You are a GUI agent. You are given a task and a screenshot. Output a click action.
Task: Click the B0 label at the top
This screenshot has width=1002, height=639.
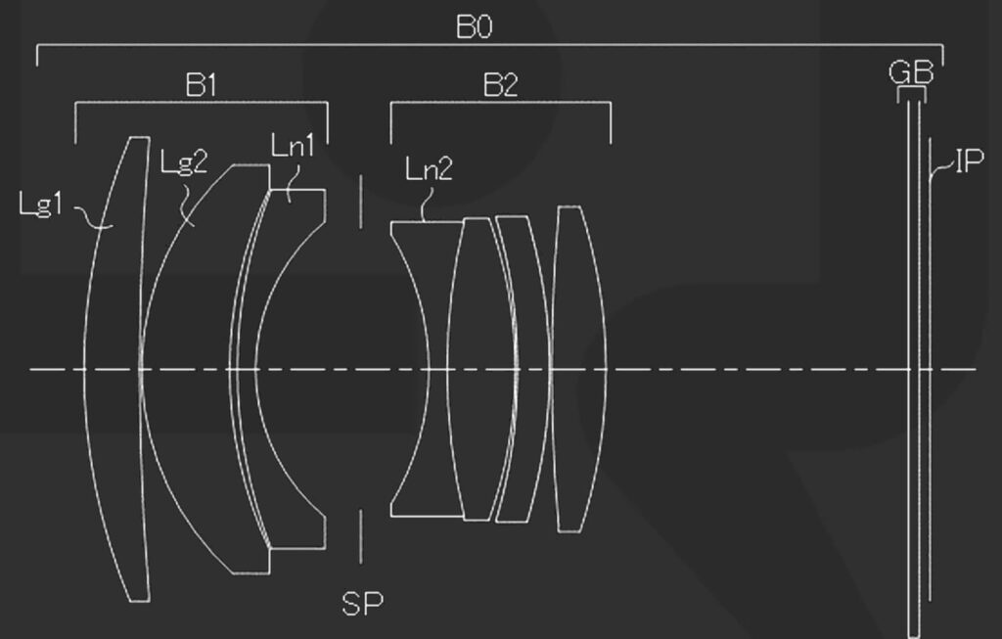[474, 26]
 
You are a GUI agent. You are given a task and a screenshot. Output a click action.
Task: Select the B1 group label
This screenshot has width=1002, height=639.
[201, 85]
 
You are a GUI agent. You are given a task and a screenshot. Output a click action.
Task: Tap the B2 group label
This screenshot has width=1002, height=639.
[500, 85]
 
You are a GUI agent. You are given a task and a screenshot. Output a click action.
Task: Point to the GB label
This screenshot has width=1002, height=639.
[910, 72]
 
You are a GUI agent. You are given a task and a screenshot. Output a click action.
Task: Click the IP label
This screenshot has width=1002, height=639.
[968, 160]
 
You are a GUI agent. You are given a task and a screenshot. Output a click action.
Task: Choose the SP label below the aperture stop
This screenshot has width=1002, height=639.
[362, 604]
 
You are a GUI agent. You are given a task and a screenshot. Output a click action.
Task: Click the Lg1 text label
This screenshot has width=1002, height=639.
[41, 205]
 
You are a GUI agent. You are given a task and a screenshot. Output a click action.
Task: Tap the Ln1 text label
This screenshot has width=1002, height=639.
[293, 147]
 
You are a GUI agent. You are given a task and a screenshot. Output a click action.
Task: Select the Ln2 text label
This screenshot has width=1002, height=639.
[429, 169]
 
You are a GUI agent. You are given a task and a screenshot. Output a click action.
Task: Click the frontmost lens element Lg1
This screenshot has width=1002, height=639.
[115, 369]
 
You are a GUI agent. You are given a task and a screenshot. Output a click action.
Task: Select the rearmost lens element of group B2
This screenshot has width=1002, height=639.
[578, 369]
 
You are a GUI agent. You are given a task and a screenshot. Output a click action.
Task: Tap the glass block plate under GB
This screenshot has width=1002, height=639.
[914, 391]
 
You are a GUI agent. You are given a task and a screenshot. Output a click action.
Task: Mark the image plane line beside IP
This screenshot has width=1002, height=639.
[928, 391]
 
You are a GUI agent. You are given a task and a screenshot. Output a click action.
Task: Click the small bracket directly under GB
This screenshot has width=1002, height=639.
[911, 93]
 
